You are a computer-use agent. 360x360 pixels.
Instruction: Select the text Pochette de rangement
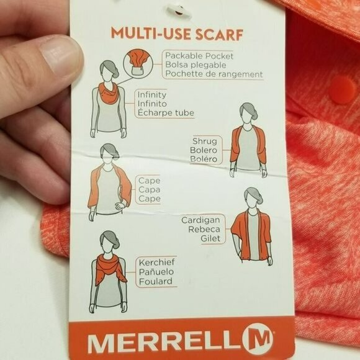(x=214, y=74)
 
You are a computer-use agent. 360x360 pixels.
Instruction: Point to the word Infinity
(x=151, y=95)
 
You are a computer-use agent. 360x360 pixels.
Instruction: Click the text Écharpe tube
(x=165, y=113)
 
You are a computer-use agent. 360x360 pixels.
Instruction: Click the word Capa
(x=149, y=190)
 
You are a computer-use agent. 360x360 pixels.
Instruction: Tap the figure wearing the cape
(x=109, y=183)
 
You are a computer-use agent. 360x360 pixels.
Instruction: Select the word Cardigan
(x=202, y=220)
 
